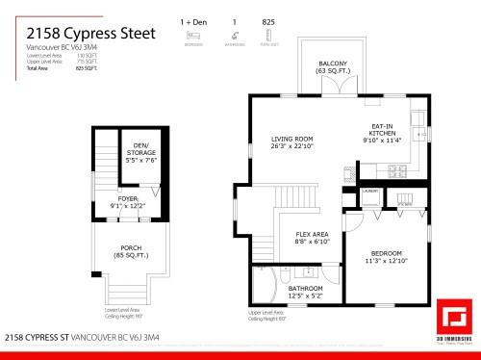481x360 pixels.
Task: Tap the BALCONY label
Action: point(333,67)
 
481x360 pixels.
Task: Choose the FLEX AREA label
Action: point(313,238)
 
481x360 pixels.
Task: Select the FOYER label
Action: point(128,201)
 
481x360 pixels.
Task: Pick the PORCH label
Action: point(131,251)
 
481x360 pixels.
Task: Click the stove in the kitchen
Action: point(395,170)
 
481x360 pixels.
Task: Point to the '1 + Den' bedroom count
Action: point(193,20)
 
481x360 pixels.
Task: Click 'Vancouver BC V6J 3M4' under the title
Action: point(57,47)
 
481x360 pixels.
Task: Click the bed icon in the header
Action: point(192,35)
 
